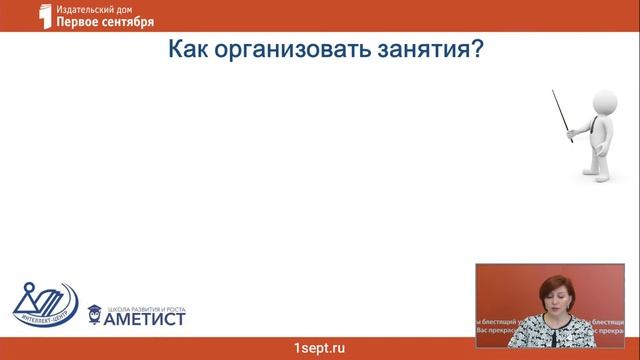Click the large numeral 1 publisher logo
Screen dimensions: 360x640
43,15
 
